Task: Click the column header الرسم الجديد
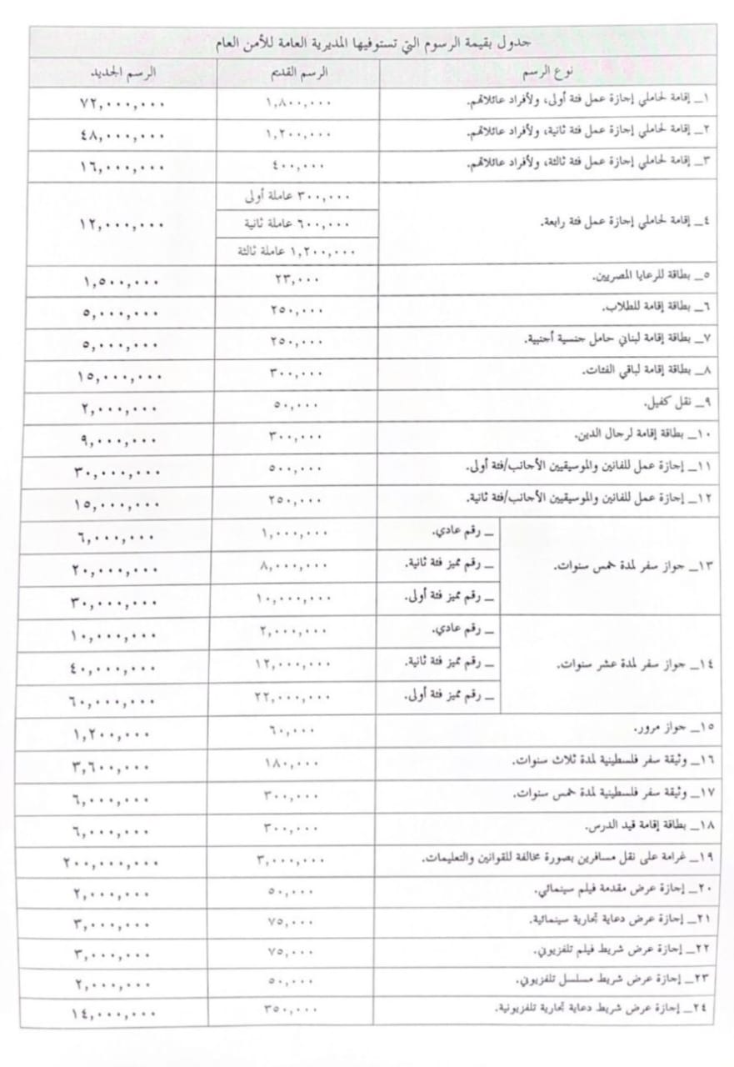coord(123,73)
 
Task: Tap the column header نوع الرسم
coord(546,73)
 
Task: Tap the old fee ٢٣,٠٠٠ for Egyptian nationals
coord(295,280)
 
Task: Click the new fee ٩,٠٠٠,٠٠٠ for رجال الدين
coord(120,437)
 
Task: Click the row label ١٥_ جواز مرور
coord(674,728)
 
